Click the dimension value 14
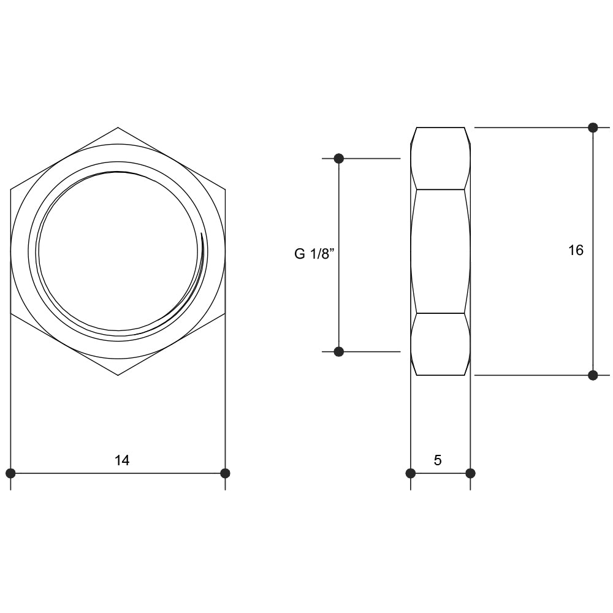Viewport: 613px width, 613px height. point(122,460)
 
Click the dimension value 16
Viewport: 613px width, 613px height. point(576,250)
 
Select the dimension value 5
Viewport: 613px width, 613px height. point(438,460)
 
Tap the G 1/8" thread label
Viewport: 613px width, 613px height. point(314,254)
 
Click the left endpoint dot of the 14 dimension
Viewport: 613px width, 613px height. point(10,473)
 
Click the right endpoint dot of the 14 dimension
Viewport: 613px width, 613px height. point(225,473)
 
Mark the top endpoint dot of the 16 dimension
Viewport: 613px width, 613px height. point(593,128)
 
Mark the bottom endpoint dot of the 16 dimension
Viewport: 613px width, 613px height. point(593,375)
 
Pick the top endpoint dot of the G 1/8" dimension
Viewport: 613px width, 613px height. point(339,159)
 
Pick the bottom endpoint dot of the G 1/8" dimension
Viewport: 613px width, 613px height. point(339,352)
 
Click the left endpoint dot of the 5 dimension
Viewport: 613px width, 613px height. point(411,473)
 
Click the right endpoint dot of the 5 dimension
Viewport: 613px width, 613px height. point(470,473)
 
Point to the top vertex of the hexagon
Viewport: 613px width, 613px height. point(118,128)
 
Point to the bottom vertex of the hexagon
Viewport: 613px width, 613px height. point(118,375)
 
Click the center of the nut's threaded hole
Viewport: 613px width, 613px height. point(118,251)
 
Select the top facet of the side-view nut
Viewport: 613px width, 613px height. point(440,158)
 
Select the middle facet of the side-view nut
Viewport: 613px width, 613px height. point(440,251)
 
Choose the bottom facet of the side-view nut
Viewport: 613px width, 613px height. point(440,344)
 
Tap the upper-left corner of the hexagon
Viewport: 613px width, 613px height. point(11,189)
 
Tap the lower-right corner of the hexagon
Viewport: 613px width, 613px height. point(225,314)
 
